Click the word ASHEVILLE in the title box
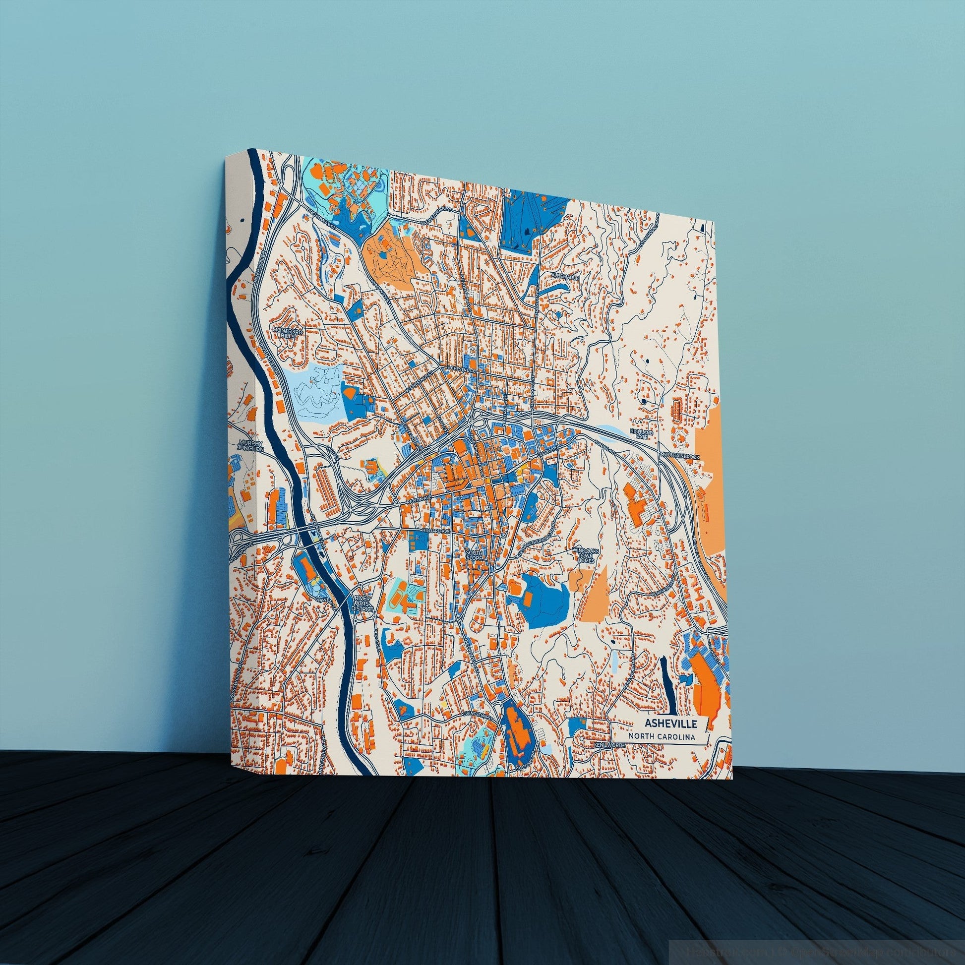(x=668, y=723)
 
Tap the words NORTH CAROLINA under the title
(x=662, y=736)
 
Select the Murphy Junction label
(x=251, y=445)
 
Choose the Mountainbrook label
(x=680, y=457)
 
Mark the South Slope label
(x=475, y=556)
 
